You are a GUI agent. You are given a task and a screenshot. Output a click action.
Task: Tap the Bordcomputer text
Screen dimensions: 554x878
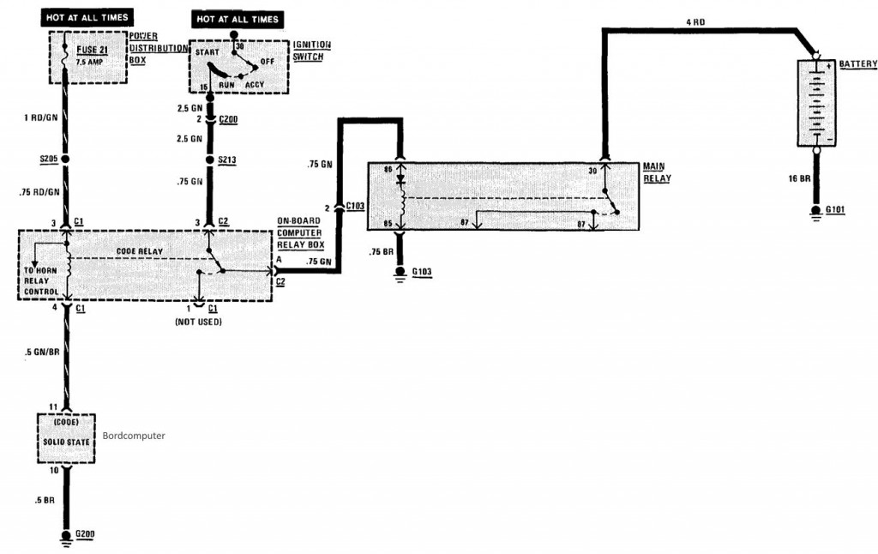tap(133, 436)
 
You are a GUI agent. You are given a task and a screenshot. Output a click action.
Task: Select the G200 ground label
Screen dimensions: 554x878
tap(84, 534)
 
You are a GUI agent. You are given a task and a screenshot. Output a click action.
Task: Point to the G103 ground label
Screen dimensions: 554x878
tap(422, 273)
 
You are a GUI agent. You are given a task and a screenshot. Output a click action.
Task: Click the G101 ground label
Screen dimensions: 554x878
tap(836, 209)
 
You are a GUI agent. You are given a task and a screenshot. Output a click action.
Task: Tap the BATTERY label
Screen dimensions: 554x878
tap(857, 64)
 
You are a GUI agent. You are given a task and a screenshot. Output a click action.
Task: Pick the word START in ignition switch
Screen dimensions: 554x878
tap(207, 52)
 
